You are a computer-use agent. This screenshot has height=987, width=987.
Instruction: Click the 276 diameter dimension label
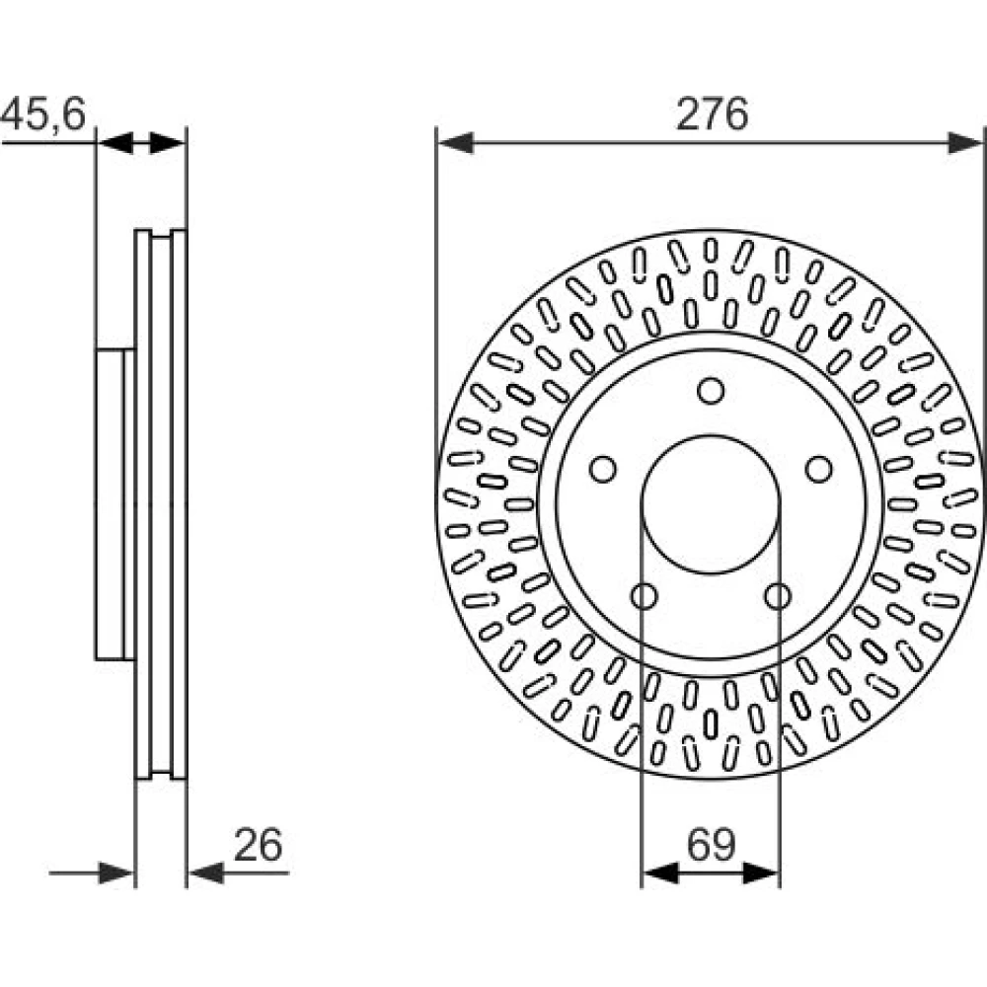point(712,114)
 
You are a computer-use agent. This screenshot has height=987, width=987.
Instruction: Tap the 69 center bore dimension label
point(712,845)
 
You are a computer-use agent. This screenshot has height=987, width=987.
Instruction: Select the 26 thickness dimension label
point(258,845)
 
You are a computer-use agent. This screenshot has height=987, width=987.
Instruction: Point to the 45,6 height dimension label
point(42,114)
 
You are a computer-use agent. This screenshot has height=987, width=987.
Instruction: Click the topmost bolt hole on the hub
point(711,391)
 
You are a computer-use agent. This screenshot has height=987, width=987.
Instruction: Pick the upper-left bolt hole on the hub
point(602,469)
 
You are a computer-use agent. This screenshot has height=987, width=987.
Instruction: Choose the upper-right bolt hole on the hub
point(819,469)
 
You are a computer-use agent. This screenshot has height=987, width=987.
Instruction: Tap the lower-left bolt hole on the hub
point(644,595)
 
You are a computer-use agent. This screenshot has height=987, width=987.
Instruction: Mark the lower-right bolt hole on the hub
point(778,595)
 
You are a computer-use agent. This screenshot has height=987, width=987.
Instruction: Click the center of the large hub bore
point(711,504)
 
